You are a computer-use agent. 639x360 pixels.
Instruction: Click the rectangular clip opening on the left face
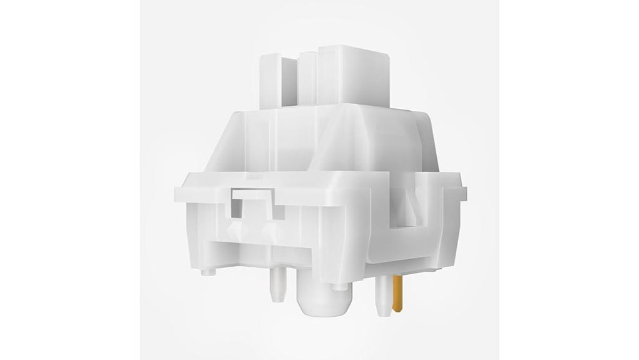click(x=253, y=202)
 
